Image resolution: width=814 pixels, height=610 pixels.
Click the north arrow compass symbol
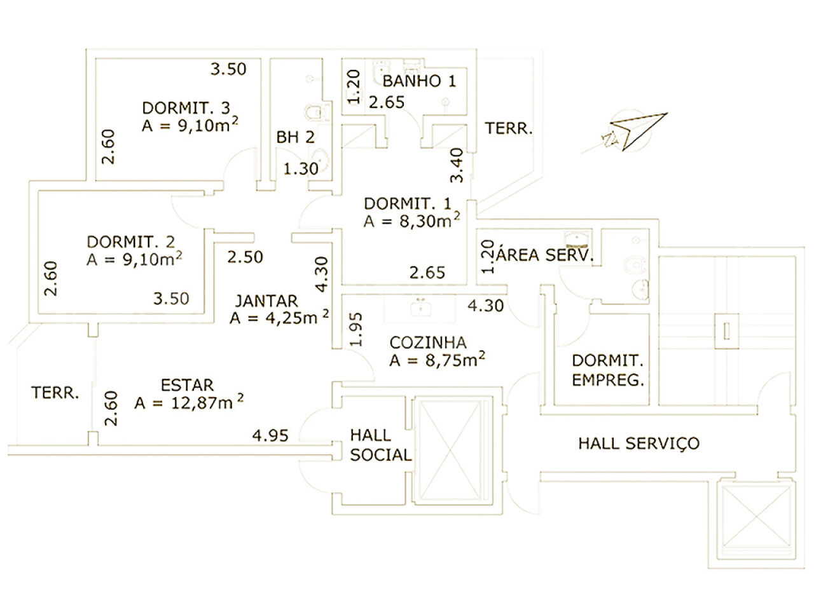(x=633, y=132)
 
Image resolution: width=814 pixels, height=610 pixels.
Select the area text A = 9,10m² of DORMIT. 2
(x=135, y=259)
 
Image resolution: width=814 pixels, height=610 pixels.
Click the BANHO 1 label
(x=419, y=81)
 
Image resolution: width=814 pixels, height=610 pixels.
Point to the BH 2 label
(x=295, y=137)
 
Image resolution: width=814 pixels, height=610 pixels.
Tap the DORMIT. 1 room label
(x=407, y=204)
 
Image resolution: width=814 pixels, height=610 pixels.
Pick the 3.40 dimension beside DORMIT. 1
(x=456, y=165)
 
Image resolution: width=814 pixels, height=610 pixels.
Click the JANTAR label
(x=266, y=301)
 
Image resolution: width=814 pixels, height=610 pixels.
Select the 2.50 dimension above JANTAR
(x=245, y=257)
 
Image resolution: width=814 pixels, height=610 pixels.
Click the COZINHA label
(x=427, y=342)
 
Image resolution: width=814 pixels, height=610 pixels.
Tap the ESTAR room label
(x=187, y=385)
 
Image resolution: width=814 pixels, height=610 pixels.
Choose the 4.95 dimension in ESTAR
(x=270, y=436)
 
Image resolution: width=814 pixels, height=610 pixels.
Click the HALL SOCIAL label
(x=380, y=445)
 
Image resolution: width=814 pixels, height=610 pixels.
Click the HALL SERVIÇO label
(x=638, y=443)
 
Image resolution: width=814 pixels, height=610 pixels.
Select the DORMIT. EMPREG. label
(x=607, y=370)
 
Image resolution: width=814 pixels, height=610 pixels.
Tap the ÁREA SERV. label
(x=544, y=255)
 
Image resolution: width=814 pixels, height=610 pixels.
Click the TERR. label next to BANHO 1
(x=509, y=129)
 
